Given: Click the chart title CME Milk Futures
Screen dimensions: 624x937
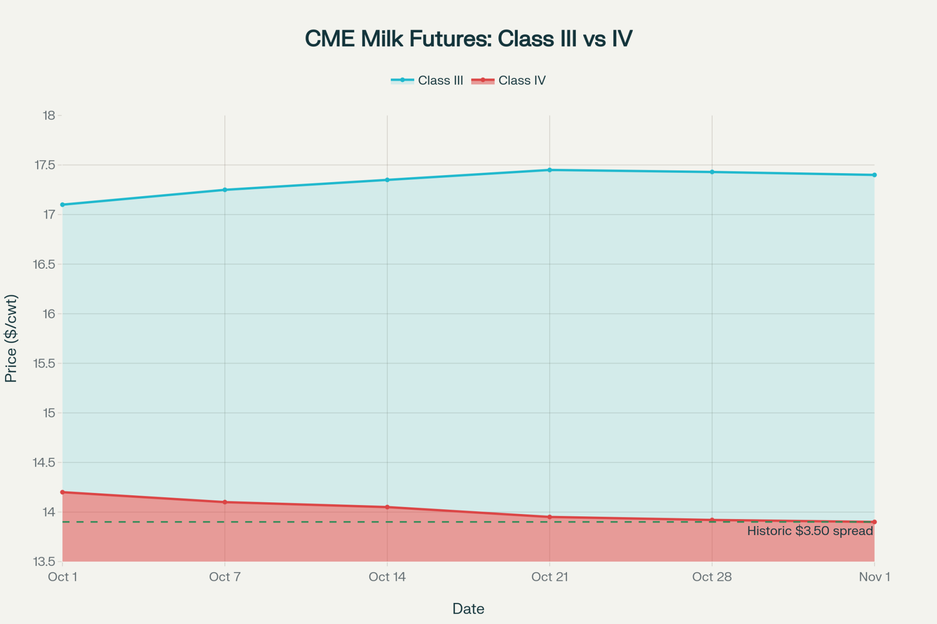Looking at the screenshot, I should tap(468, 38).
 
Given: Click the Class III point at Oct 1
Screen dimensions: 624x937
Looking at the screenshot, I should tap(62, 205).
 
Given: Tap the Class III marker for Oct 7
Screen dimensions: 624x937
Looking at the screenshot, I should tap(225, 190).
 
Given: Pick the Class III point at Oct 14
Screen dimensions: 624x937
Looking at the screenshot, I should tap(387, 180).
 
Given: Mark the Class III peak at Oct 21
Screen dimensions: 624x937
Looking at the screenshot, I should tap(550, 170).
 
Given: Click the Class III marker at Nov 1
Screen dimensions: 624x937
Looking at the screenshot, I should tap(874, 175).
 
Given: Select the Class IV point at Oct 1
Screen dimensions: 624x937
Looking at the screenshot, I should tap(62, 492).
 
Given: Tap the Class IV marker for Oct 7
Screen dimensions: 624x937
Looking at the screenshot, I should tap(225, 502).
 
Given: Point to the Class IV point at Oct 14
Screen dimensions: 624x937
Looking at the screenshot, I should tap(387, 507).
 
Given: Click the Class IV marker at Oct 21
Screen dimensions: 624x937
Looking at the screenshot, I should tap(550, 517).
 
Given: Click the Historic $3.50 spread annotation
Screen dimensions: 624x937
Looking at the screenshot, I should tap(810, 531).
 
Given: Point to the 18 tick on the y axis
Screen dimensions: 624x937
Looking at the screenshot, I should tap(49, 116).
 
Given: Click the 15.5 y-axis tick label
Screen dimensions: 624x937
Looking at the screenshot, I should tap(44, 363).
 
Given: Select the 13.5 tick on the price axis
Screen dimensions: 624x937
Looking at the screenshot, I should tap(44, 562).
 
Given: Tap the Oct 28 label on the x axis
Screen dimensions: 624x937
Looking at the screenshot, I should tap(712, 577).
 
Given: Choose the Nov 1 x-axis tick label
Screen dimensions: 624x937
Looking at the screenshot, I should tap(874, 577).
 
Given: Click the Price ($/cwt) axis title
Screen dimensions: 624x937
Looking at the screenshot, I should tap(11, 338).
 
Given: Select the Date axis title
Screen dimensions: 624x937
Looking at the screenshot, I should tap(468, 609).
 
